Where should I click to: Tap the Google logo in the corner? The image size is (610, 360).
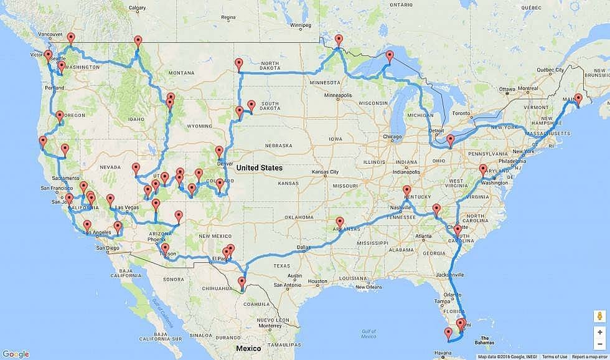coord(16,354)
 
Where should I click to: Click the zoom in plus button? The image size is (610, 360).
coord(599,332)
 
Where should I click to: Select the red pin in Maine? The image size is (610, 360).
coord(578,100)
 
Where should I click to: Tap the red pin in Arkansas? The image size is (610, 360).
coord(340,222)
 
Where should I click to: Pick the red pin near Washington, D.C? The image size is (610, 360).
coord(483,170)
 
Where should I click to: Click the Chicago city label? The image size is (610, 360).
coord(393,137)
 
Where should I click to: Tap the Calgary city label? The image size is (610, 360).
coord(137,8)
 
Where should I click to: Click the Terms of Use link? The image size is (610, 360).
coord(554,357)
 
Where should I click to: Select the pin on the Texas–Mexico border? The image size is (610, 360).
coord(242,284)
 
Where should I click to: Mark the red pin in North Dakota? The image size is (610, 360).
coord(239,64)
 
